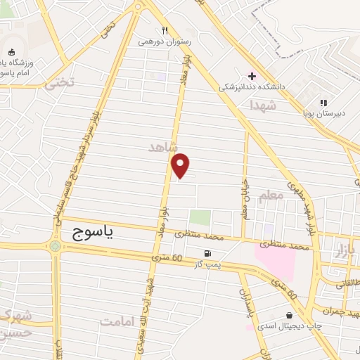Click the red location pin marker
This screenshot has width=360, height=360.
pyautogui.click(x=181, y=166)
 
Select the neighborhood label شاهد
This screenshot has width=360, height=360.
pyautogui.click(x=163, y=147)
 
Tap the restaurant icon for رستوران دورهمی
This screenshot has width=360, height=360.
pyautogui.click(x=165, y=31)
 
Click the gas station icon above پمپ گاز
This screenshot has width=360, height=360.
pyautogui.click(x=207, y=254)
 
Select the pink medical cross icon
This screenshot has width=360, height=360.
pyautogui.click(x=252, y=75)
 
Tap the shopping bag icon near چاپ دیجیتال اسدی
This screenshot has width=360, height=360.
pyautogui.click(x=289, y=315)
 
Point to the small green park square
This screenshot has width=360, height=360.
pyautogui.click(x=200, y=218)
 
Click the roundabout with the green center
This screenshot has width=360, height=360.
pyautogui.click(x=55, y=246)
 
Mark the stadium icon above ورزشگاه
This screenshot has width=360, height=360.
pyautogui.click(x=12, y=51)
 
